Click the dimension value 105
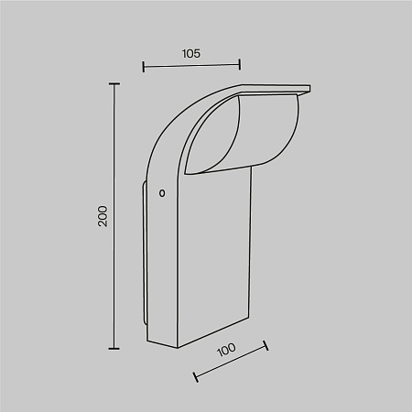coord(191,54)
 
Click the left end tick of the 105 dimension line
coord(144,66)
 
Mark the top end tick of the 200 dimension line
coord(114,84)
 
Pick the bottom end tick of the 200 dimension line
coord(114,348)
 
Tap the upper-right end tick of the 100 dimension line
coord(266,347)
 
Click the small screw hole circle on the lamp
coord(162,193)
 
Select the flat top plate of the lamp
coord(275,89)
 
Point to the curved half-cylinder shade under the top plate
coord(270,133)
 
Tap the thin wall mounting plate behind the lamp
coord(145,256)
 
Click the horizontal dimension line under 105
coord(191,66)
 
